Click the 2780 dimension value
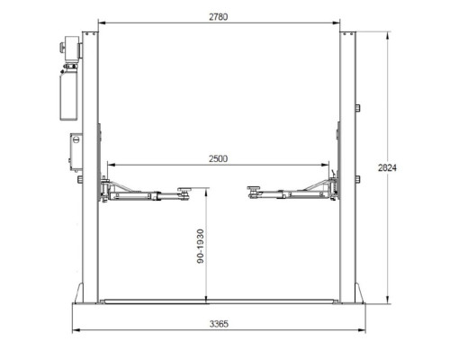[x=219, y=17]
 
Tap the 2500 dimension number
[x=219, y=158]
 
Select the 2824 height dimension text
[x=387, y=167]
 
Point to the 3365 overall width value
[x=219, y=324]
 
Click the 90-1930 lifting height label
[x=201, y=247]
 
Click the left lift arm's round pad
[x=185, y=189]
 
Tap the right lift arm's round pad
[x=254, y=188]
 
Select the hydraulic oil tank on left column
[x=68, y=94]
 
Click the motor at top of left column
[x=71, y=48]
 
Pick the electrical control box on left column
[x=76, y=152]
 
